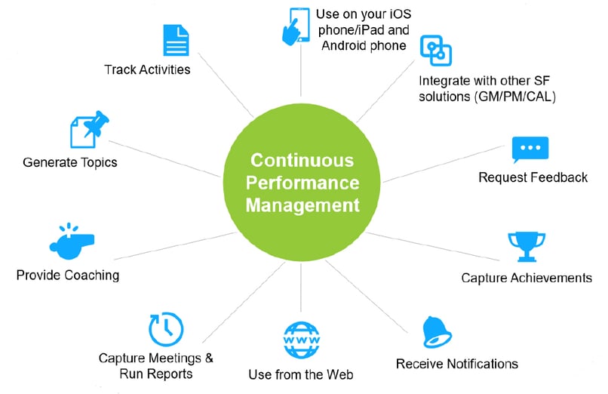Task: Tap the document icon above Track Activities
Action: [x=176, y=40]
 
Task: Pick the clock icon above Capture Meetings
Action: [x=165, y=327]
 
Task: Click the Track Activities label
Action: [x=147, y=70]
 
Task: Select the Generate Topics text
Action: [x=70, y=162]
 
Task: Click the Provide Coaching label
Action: [x=68, y=275]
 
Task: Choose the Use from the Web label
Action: [x=301, y=374]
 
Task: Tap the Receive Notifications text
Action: [x=457, y=364]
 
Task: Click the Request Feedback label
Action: [x=533, y=178]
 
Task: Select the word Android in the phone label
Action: [x=345, y=46]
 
